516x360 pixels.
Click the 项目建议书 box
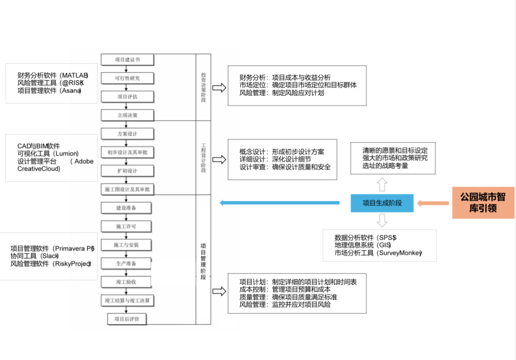[x=127, y=60]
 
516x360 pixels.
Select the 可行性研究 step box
[x=127, y=78]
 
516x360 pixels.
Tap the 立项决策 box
[x=127, y=115]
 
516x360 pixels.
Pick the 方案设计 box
[x=127, y=134]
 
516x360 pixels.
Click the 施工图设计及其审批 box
[x=127, y=189]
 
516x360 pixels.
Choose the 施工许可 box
[x=126, y=227]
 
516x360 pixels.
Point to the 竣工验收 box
[x=126, y=282]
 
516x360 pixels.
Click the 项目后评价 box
[x=126, y=319]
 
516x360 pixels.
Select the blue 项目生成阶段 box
[x=382, y=203]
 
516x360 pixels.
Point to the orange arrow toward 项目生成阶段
[x=433, y=203]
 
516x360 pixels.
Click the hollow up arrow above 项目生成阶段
[x=382, y=184]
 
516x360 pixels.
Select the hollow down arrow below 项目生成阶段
[x=382, y=220]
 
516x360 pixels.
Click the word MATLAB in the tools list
[x=75, y=76]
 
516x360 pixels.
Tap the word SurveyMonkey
[x=400, y=253]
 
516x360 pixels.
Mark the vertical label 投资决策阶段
[x=203, y=87]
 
